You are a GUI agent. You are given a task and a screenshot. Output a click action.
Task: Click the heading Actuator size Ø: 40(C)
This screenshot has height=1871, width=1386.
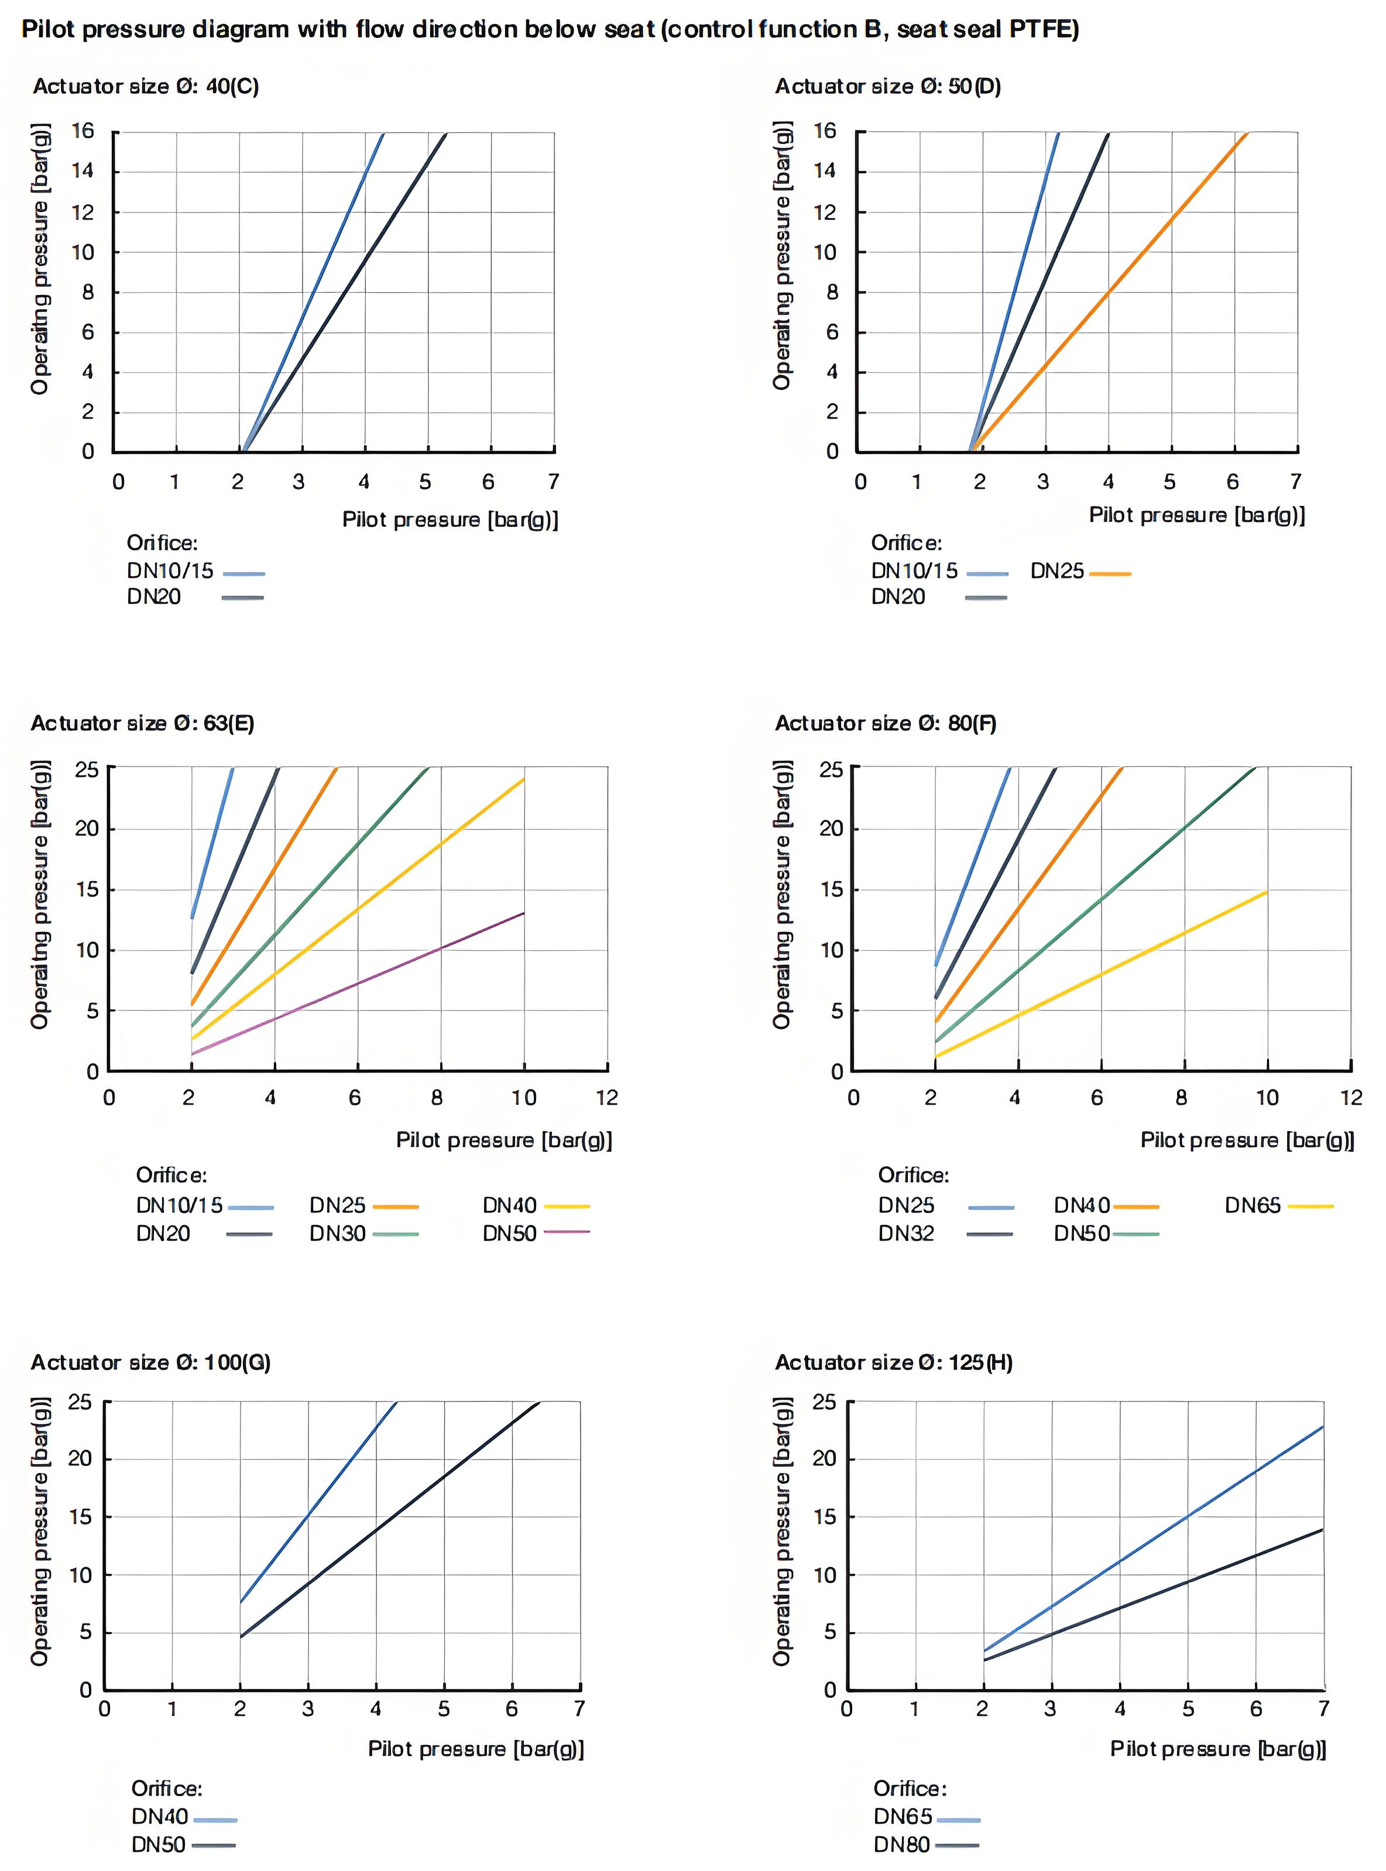145,87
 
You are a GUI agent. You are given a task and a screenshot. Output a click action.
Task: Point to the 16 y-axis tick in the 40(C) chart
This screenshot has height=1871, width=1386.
82,131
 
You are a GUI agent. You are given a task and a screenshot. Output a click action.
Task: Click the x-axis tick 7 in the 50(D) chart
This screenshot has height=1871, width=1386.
1295,482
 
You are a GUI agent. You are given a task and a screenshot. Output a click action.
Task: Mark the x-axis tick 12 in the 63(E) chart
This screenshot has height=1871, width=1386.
606,1098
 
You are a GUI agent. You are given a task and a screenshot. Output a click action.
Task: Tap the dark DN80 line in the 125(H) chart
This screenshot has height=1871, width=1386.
1187,1582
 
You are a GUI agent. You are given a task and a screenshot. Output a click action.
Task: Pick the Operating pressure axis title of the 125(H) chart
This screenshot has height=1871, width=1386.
782,1532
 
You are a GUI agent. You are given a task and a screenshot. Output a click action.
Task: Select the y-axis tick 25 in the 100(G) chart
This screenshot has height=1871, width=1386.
80,1402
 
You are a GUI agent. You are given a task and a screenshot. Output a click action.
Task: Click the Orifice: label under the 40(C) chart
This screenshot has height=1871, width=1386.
162,543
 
